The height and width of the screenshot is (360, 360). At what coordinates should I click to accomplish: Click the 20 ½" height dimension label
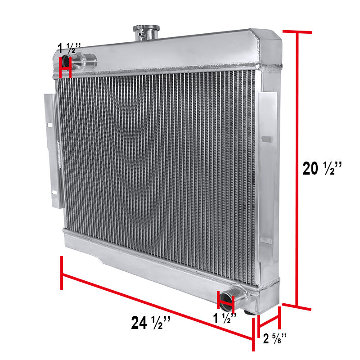(x=322, y=168)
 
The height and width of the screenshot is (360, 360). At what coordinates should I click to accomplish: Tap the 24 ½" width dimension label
(x=151, y=322)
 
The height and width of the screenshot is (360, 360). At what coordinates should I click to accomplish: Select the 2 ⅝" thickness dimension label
(x=275, y=339)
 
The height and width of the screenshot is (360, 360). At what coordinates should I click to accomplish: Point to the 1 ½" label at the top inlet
(x=69, y=48)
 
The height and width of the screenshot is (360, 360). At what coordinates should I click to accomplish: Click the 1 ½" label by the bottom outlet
(x=225, y=318)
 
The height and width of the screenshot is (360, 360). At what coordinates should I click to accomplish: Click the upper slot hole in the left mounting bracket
(x=50, y=125)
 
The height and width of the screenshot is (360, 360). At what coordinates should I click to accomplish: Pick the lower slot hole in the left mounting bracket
(x=54, y=192)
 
